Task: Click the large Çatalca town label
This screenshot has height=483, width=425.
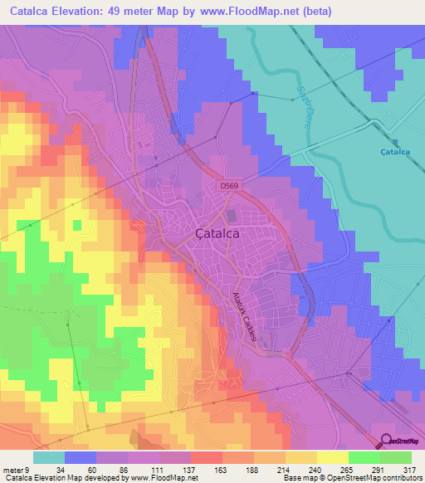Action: tap(217, 234)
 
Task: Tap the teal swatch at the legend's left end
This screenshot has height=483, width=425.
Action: tap(49, 457)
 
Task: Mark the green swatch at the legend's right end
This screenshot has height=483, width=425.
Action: tap(396, 457)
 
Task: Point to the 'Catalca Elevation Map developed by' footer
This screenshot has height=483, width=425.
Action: tap(61, 478)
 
